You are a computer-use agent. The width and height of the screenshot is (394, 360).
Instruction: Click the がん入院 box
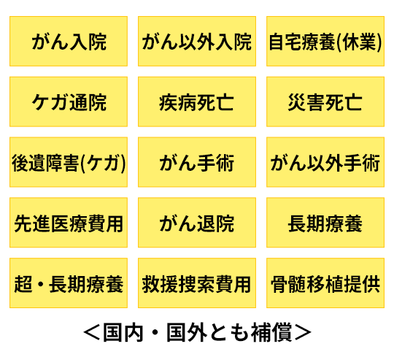[69, 41]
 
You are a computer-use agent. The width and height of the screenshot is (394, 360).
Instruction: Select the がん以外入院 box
[197, 41]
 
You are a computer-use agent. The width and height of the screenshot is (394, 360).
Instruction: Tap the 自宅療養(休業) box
[325, 41]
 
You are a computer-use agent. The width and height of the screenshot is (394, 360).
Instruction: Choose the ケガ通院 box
[69, 102]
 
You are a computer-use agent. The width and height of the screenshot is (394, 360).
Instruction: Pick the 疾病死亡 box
[197, 102]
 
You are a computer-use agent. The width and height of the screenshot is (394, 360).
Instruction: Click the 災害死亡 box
[325, 102]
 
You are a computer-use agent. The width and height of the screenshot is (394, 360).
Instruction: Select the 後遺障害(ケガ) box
[69, 162]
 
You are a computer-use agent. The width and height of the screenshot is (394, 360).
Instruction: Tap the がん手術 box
[197, 162]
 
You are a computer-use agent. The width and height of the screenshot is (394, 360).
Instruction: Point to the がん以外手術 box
[325, 162]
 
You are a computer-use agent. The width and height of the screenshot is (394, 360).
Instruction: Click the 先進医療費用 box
[69, 223]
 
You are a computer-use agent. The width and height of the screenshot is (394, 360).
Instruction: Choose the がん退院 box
[197, 223]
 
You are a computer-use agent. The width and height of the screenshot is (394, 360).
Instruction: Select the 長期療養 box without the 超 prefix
[325, 223]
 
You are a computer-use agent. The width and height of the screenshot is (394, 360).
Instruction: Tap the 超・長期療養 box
[69, 283]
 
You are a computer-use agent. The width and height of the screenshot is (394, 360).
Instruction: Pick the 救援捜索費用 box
[197, 283]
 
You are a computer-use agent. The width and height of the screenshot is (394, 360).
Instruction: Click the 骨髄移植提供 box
[325, 283]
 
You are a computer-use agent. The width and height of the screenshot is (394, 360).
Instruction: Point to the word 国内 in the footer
[123, 332]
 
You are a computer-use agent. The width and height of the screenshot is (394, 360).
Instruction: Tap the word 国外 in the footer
[187, 332]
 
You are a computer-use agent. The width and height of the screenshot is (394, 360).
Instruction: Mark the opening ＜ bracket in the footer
[92, 332]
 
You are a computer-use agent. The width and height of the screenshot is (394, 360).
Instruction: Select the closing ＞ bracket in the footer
[303, 332]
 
